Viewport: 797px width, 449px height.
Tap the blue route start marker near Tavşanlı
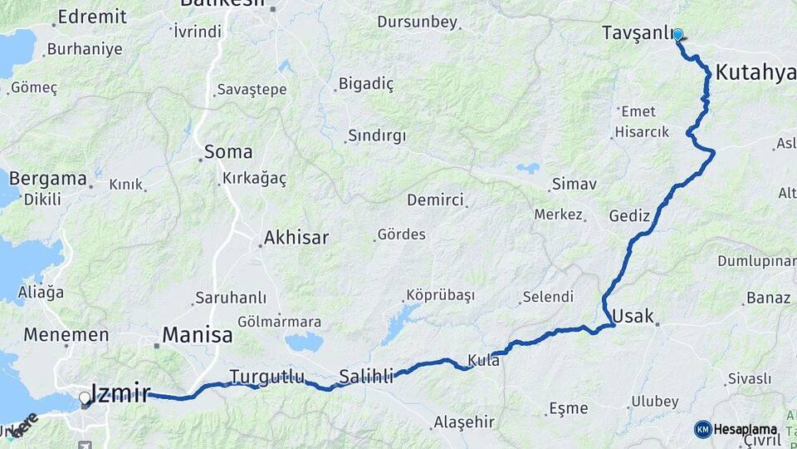[x=677, y=35]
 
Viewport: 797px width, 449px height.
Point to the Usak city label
[x=633, y=316]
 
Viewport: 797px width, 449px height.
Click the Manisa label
[x=198, y=336]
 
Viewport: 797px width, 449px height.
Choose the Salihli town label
[x=366, y=377]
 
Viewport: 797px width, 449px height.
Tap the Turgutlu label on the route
[x=267, y=376]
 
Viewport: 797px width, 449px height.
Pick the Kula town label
[x=483, y=361]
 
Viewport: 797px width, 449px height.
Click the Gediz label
[x=629, y=215]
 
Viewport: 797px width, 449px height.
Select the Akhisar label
[x=296, y=239]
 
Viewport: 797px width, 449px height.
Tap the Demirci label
[x=435, y=200]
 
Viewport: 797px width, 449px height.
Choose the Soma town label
[x=228, y=152]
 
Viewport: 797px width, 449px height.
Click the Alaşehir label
[x=463, y=422]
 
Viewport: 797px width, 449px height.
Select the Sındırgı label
[x=377, y=136]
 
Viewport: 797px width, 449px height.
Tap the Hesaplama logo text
[x=745, y=429]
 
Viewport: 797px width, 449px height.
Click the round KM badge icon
[x=702, y=429]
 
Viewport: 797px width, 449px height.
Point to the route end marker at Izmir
[x=85, y=400]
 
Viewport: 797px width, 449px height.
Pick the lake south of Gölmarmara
[x=303, y=342]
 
